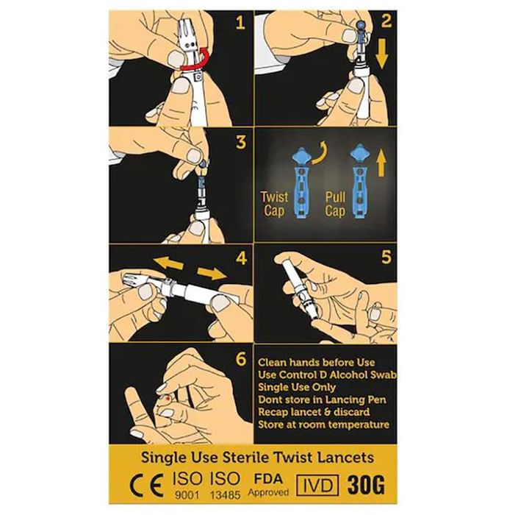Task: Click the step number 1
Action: pos(241,23)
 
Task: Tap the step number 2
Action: pos(386,21)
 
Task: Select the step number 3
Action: pos(241,142)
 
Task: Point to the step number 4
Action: pos(241,258)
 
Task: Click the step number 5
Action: pos(386,257)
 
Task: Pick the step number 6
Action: pos(241,359)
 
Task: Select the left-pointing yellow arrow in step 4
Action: pos(168,263)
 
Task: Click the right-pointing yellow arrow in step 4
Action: pos(212,273)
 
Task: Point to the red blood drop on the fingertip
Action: pos(168,399)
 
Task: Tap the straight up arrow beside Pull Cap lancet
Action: pos(381,163)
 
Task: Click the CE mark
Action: pos(147,486)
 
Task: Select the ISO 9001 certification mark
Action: pos(187,485)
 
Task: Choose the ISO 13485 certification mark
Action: pos(225,485)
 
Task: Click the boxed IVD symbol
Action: pos(317,485)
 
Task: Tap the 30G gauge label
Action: pos(366,485)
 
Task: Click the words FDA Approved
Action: pos(268,485)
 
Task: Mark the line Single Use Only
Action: pos(296,387)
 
